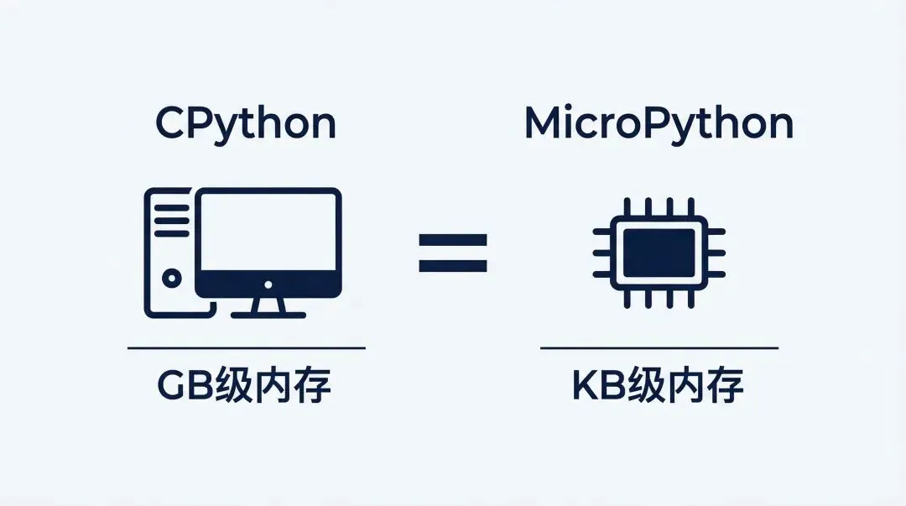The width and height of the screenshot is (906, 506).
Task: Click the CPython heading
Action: tap(246, 124)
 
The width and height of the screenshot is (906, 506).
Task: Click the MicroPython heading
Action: tap(659, 124)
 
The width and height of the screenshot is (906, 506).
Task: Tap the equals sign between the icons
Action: tap(453, 253)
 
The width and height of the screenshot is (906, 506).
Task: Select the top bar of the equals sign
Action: tap(453, 240)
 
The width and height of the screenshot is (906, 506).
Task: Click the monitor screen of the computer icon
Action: tap(268, 232)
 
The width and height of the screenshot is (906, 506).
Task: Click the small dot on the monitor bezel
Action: tap(268, 286)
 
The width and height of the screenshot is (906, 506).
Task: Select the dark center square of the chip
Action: tap(659, 251)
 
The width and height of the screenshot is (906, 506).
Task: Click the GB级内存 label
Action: tap(245, 386)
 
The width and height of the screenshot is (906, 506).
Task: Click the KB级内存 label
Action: tap(659, 386)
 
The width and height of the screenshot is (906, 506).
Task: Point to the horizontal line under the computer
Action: tap(246, 347)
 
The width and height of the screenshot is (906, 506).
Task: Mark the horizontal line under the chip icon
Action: tap(659, 347)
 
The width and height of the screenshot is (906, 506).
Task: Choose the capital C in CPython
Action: tap(172, 124)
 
